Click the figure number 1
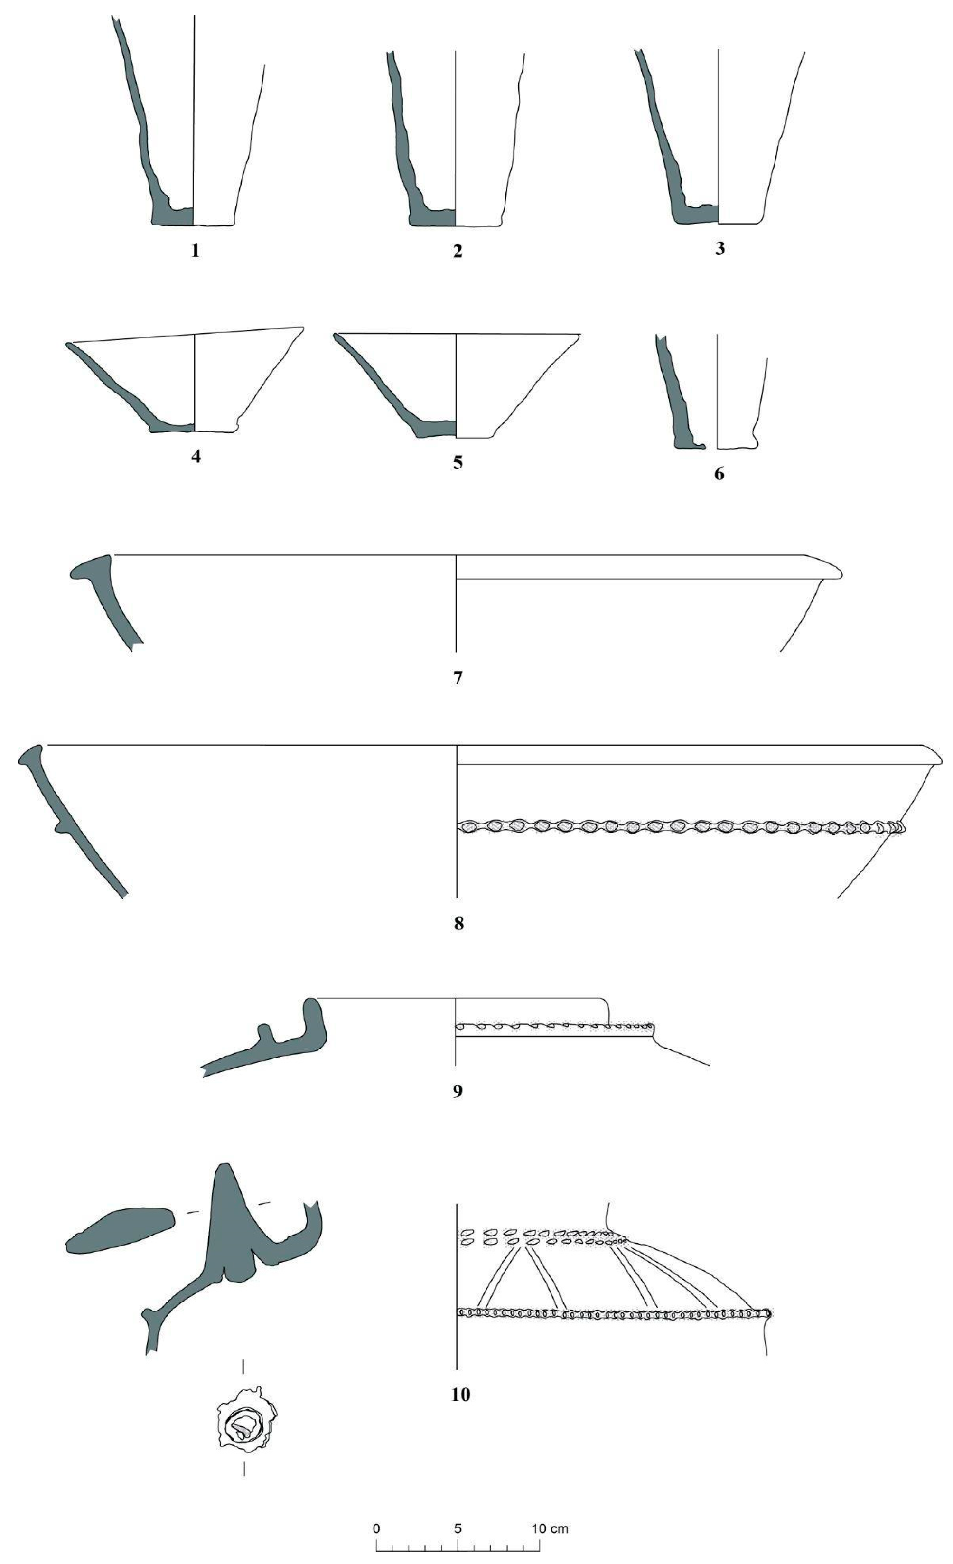(x=196, y=251)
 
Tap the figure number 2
(x=458, y=252)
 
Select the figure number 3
(x=719, y=249)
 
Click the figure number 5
(x=458, y=462)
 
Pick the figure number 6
(x=719, y=474)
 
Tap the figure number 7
(x=458, y=678)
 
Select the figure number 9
(x=458, y=1091)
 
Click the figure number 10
(x=461, y=1395)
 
